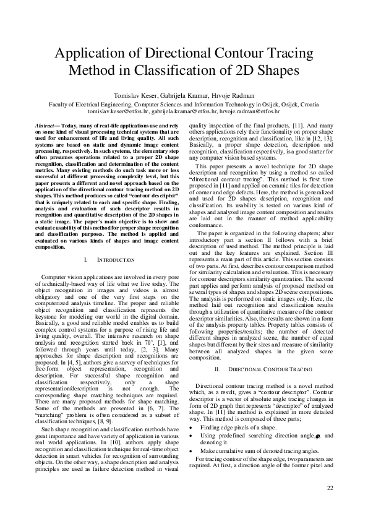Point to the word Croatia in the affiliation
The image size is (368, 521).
306,105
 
